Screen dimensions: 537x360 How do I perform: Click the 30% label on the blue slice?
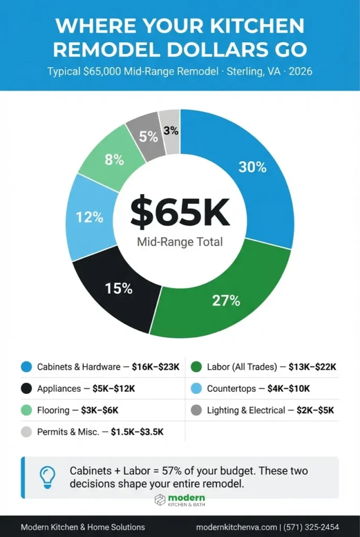(253, 167)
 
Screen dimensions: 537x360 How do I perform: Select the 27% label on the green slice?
(226, 300)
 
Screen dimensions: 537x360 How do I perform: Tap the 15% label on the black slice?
(118, 288)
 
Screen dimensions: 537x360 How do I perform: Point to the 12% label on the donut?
(89, 218)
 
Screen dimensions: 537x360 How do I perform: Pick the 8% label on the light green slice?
(114, 160)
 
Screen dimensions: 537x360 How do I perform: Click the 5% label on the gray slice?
(148, 137)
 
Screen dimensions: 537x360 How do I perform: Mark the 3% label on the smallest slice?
(171, 131)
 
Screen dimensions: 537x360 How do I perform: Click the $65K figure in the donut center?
(180, 211)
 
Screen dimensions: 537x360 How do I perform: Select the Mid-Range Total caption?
(180, 242)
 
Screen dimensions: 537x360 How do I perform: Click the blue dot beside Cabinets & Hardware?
(26, 367)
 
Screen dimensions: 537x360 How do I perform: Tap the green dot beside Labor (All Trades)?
(197, 367)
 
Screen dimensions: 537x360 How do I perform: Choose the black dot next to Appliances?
(26, 389)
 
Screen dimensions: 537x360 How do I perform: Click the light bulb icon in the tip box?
(48, 476)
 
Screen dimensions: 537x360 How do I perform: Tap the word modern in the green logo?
(187, 497)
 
